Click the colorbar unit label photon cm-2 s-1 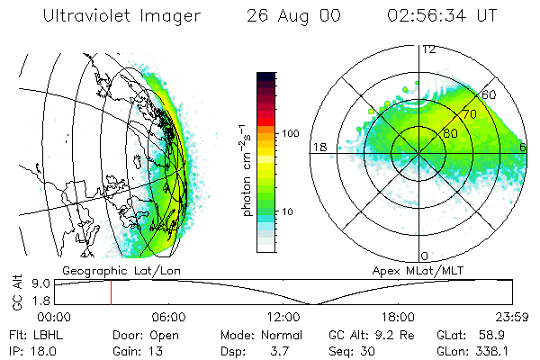tap(246, 162)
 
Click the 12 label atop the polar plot tap(428, 49)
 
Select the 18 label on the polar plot tap(319, 147)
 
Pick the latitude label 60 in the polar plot tap(490, 94)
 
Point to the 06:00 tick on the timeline tap(168, 316)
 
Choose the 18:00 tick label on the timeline tap(398, 316)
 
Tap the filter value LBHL tap(49, 334)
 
